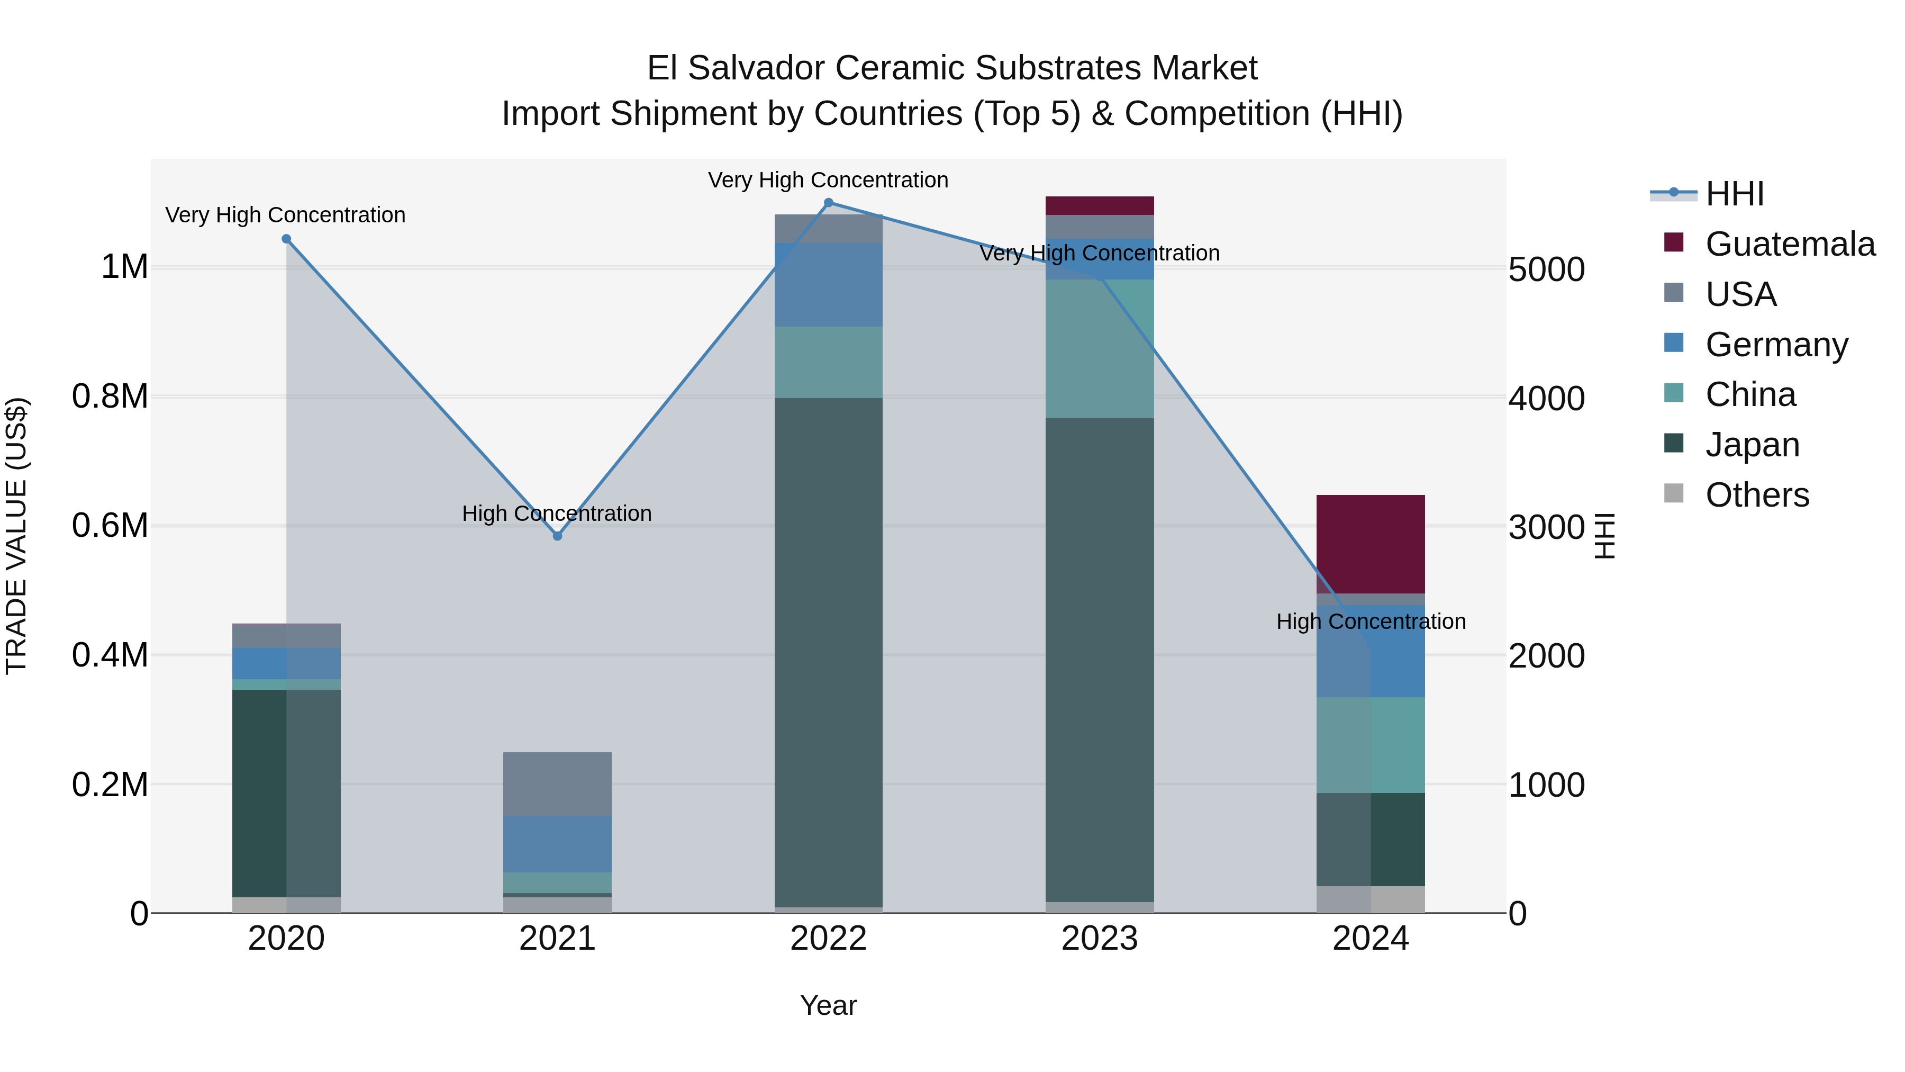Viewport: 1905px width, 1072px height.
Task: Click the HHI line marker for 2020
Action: click(286, 239)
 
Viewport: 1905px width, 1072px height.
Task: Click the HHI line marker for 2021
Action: click(558, 536)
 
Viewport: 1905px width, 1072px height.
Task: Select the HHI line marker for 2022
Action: click(828, 203)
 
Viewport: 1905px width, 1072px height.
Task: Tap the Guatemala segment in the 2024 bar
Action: click(1371, 544)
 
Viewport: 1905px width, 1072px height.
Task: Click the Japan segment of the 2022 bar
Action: click(828, 651)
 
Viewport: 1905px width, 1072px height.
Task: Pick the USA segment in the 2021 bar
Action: click(558, 783)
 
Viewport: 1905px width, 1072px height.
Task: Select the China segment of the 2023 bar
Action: click(1100, 348)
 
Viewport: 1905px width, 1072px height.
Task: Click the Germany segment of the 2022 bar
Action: click(828, 285)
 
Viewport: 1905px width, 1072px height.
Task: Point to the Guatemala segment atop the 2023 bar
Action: click(1100, 206)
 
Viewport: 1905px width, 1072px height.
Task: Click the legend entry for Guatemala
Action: click(1790, 244)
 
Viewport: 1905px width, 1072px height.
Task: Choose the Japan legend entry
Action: click(1752, 445)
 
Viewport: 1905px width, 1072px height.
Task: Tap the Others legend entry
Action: click(1756, 495)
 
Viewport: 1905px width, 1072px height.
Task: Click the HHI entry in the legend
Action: click(1734, 194)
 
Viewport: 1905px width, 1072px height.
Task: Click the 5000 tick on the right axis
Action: click(1546, 269)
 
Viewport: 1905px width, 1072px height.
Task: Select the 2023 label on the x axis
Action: click(1100, 939)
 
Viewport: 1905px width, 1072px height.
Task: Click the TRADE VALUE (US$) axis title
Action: click(17, 536)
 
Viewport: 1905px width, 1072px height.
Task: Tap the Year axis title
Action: click(828, 1005)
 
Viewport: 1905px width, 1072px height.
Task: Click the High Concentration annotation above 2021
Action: click(557, 514)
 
